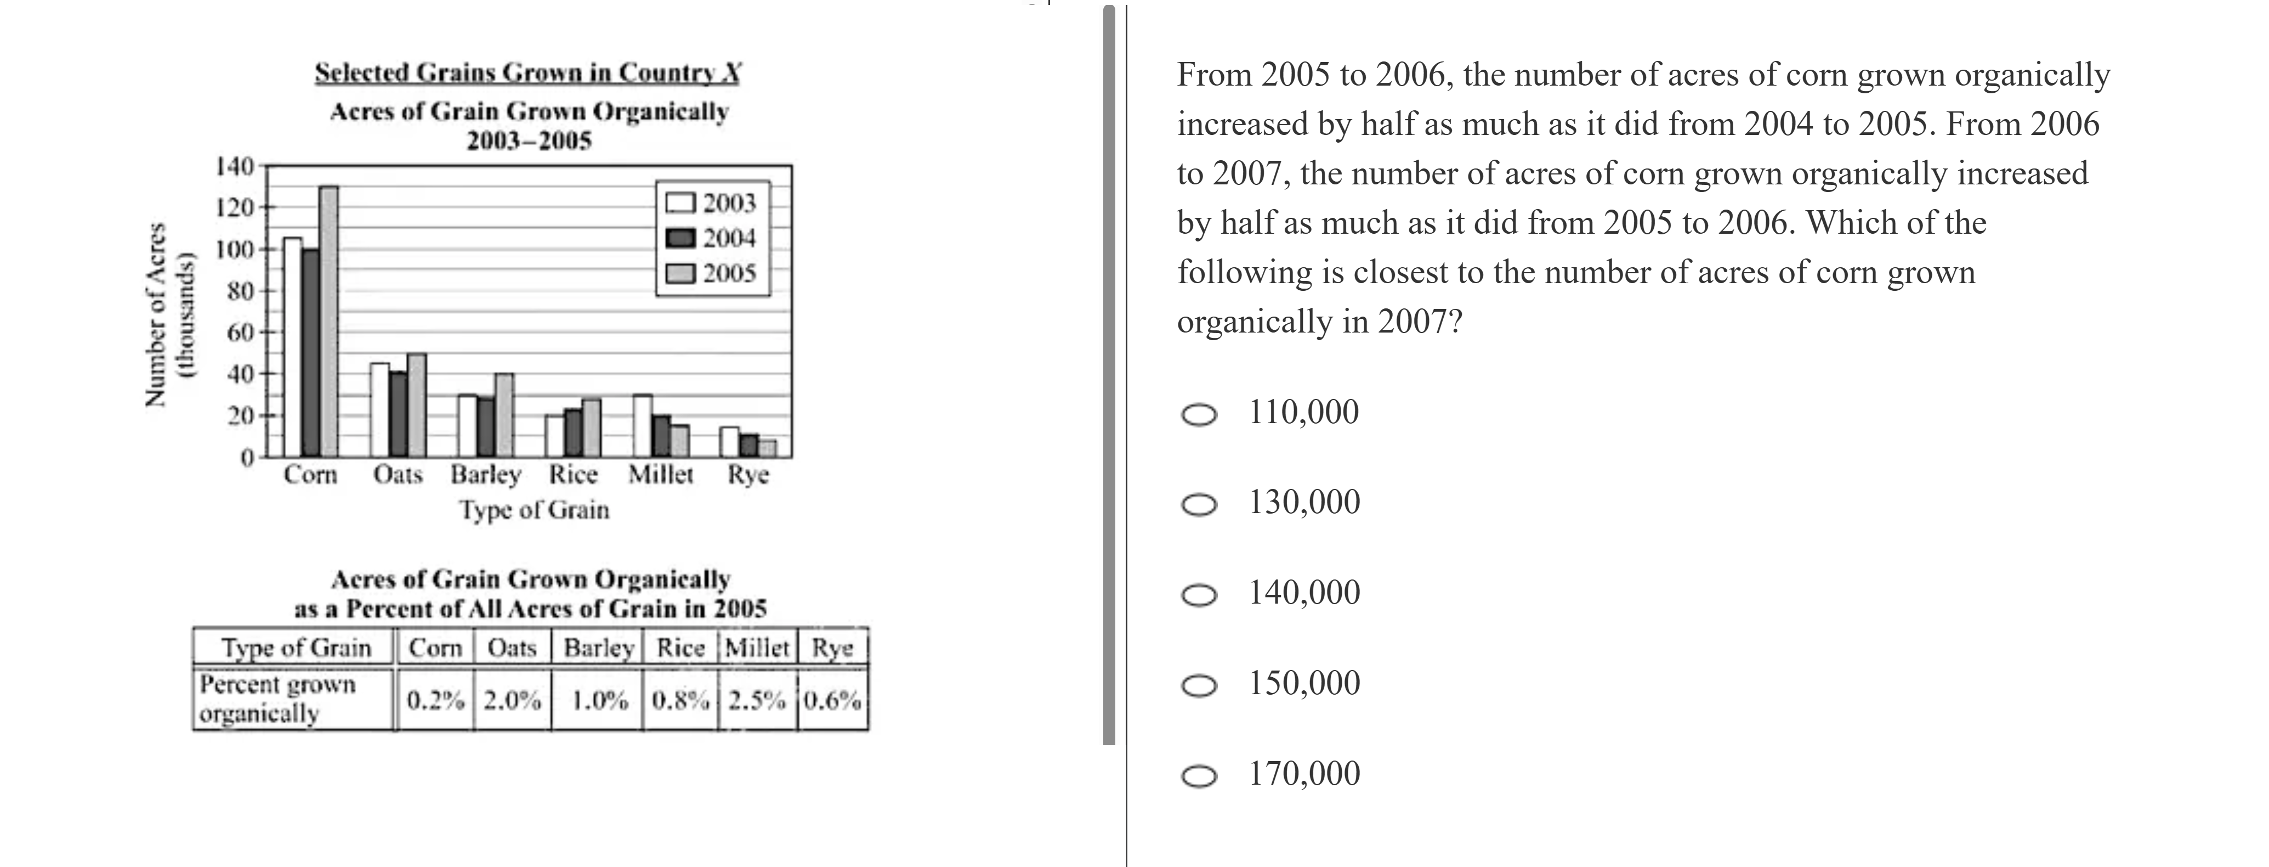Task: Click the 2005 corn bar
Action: pos(328,322)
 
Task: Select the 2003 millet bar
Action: pos(643,426)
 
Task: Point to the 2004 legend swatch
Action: pos(681,238)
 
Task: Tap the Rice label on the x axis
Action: pos(574,475)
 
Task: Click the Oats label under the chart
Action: pos(398,475)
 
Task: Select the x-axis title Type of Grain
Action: pos(534,510)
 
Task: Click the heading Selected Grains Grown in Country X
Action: pos(527,72)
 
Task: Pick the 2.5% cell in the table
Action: pos(757,701)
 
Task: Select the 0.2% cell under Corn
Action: pos(435,701)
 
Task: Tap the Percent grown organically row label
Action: pos(277,698)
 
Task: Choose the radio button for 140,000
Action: pos(1199,595)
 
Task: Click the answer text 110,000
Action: pos(1303,412)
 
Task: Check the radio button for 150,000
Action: pos(1199,685)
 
